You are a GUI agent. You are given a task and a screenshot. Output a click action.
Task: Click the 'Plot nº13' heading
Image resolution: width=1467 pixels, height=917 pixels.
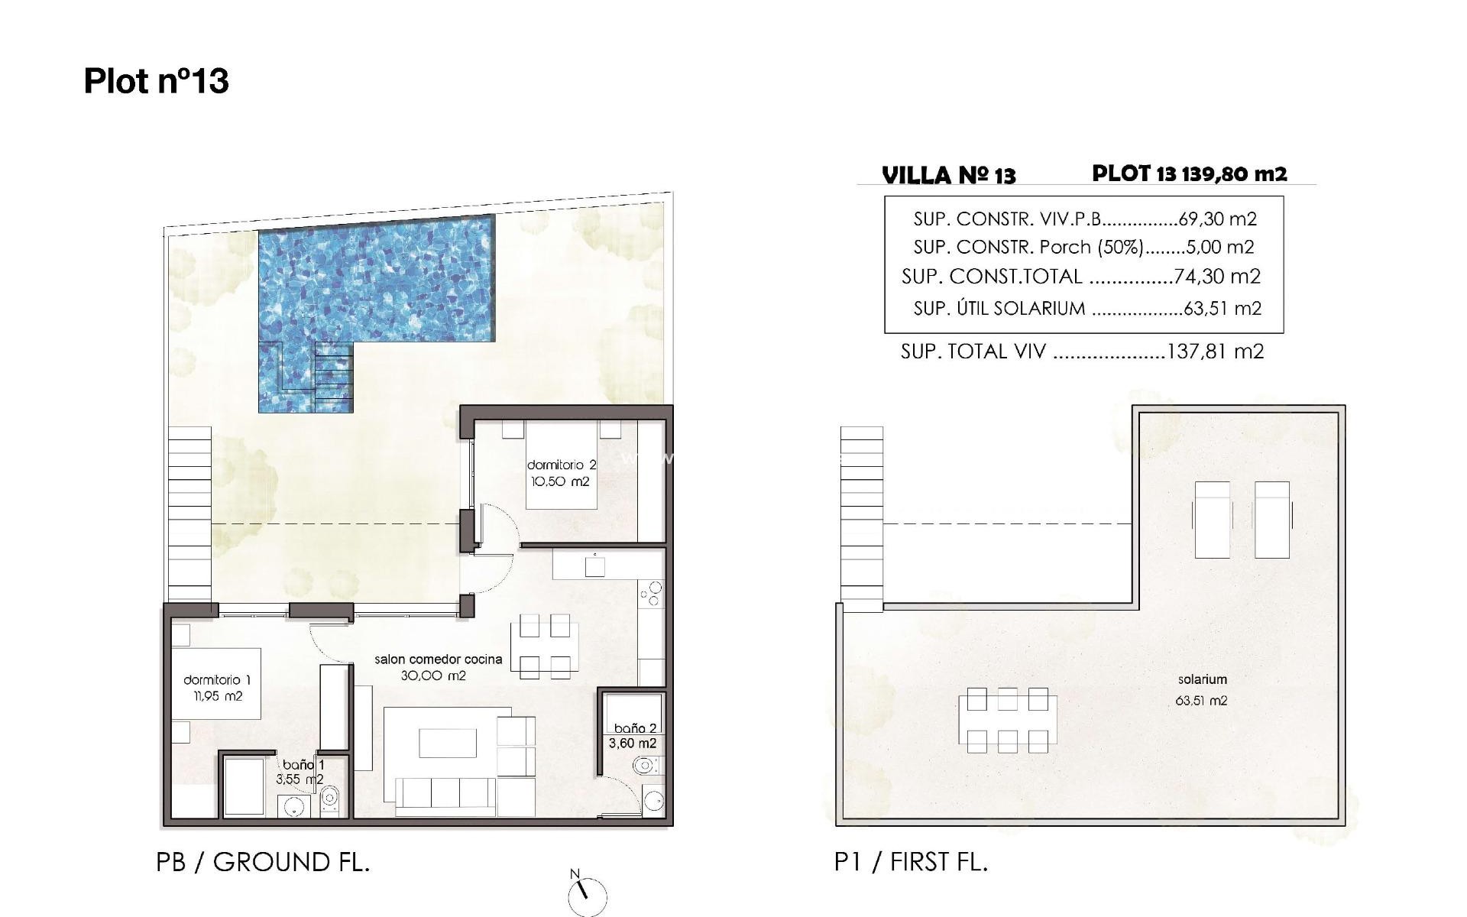click(156, 81)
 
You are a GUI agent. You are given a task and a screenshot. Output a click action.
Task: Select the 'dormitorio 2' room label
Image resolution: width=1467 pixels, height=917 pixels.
click(562, 465)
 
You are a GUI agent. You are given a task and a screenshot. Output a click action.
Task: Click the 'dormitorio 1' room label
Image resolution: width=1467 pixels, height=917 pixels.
click(217, 680)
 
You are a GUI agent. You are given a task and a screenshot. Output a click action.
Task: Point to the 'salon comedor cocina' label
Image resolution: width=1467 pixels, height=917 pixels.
click(438, 659)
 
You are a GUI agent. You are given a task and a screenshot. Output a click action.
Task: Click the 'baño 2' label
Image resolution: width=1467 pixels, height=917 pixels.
click(635, 728)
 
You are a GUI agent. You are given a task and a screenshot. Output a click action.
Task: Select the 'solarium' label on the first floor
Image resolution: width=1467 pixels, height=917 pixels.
click(1202, 679)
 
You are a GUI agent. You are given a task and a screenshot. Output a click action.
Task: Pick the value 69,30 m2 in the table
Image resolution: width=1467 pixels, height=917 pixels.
click(1217, 219)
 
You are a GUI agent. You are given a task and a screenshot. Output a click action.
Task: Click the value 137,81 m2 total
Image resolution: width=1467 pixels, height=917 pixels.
click(1216, 352)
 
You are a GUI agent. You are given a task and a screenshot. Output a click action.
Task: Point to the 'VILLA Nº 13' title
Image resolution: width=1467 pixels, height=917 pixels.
click(949, 176)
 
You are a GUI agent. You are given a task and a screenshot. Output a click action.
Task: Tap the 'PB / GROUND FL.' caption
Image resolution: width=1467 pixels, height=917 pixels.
click(263, 862)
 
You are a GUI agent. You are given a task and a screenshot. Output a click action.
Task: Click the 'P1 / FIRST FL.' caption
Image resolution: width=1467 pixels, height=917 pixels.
click(911, 862)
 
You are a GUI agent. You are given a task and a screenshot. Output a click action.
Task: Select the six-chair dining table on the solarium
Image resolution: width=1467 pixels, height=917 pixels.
click(1007, 720)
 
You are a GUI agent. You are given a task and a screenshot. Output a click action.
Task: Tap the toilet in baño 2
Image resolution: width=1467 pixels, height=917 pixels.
click(646, 765)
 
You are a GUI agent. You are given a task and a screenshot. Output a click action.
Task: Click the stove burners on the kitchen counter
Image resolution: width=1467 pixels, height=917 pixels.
click(651, 594)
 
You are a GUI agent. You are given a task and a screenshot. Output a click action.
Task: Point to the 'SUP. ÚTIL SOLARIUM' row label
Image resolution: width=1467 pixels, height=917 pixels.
click(999, 309)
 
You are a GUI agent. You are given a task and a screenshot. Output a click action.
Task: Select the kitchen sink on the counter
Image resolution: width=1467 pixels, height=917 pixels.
click(594, 566)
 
